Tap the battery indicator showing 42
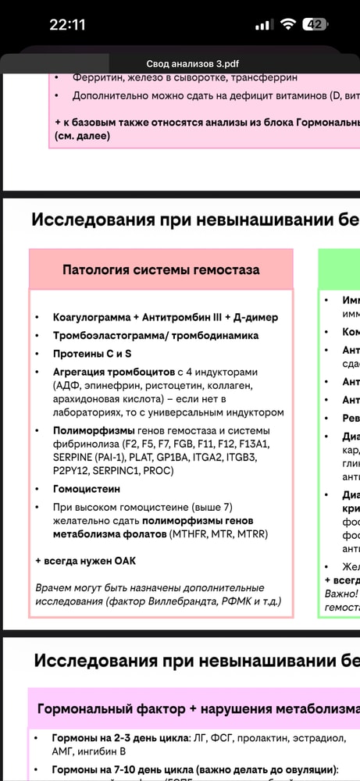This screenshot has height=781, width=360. pos(315,24)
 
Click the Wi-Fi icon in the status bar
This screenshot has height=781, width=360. pos(288,24)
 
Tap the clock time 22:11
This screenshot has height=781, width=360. pos(67,24)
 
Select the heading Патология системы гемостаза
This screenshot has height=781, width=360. pos(161,270)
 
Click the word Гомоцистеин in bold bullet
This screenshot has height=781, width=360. pos(87,488)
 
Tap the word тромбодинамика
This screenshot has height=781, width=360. pos(219,336)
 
